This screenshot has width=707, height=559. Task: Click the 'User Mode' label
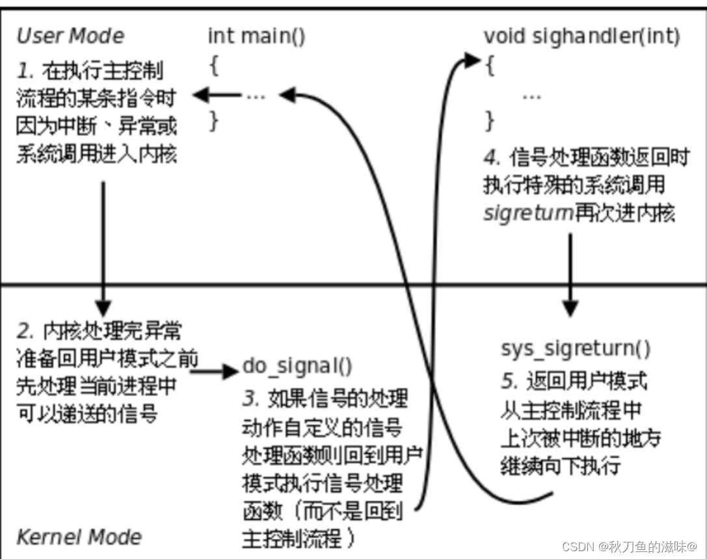pos(70,36)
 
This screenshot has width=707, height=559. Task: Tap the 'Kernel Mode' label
pos(79,537)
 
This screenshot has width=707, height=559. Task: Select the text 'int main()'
pos(256,36)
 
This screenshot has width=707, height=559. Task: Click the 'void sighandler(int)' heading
pos(581,36)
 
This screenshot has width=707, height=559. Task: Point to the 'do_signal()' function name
pos(297,366)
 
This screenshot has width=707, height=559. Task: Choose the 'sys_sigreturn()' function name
pos(575,348)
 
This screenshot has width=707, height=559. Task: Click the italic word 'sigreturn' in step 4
pos(527,213)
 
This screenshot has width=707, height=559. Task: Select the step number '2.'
pos(25,331)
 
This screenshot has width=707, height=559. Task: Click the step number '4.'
pos(492,158)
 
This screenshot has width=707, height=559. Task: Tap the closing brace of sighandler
pos(490,120)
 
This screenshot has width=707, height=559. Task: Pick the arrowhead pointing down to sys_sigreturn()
pos(570,308)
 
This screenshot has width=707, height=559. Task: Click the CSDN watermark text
pos(629,545)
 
